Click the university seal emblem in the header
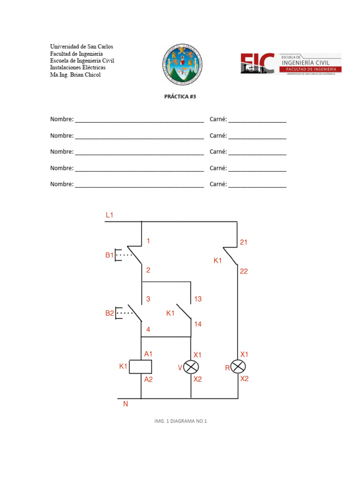[x=183, y=64]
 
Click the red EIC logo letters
[x=257, y=63]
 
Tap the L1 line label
[x=109, y=215]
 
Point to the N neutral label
[x=126, y=404]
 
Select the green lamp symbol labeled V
[x=191, y=367]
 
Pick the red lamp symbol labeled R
[x=239, y=367]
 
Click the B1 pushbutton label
[x=109, y=255]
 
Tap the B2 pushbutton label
[x=109, y=313]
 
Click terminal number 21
[x=243, y=242]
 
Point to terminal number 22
[x=244, y=271]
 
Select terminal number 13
[x=197, y=299]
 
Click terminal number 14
[x=197, y=324]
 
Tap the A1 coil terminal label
[x=148, y=354]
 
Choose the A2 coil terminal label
[x=148, y=379]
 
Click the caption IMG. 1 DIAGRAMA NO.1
[x=180, y=421]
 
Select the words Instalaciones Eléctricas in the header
[x=78, y=67]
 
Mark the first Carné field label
[x=218, y=120]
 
